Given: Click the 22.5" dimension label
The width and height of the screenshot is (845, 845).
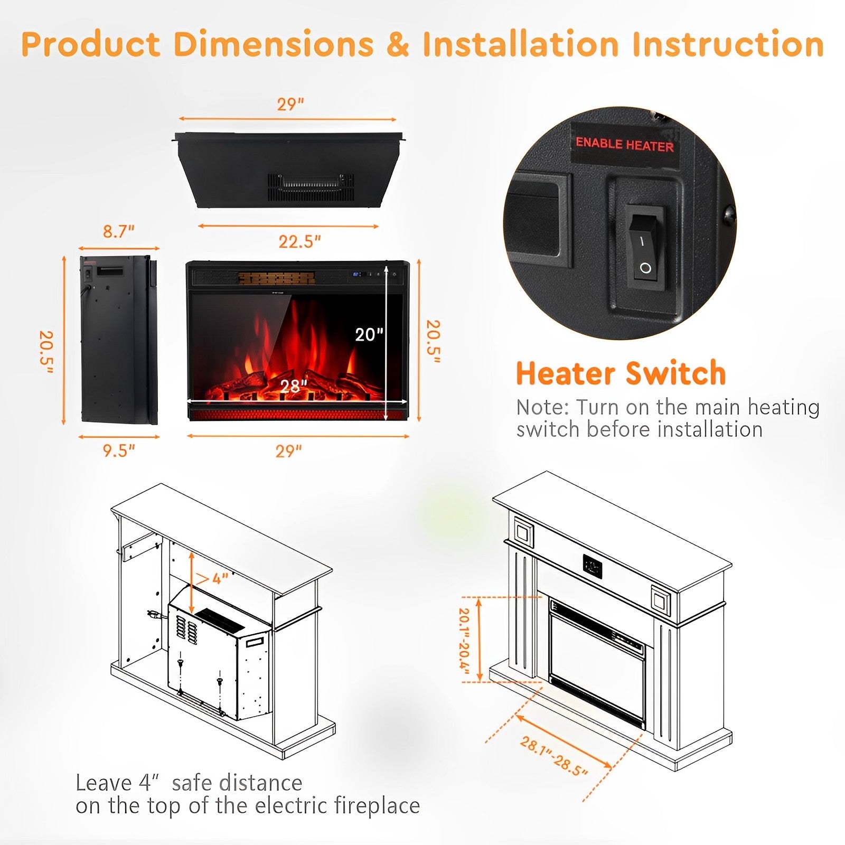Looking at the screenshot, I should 299,241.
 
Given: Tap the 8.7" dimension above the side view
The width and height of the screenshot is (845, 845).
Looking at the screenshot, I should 118,231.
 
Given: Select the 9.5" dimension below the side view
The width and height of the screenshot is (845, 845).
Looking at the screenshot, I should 118,450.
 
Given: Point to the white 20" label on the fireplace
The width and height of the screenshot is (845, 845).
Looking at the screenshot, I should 369,334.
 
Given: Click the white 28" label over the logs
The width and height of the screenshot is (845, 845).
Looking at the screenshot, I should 294,386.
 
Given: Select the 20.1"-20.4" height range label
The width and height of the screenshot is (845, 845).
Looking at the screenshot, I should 463,639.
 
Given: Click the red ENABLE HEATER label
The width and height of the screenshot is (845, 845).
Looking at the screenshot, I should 624,144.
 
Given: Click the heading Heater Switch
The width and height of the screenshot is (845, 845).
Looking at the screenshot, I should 621,373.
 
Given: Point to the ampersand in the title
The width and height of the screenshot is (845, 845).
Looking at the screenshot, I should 398,44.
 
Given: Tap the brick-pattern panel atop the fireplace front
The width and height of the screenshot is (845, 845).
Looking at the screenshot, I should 276,278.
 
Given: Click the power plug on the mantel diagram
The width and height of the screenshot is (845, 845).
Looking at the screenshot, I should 153,614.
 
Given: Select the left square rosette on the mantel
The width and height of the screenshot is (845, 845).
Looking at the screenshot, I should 523,532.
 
